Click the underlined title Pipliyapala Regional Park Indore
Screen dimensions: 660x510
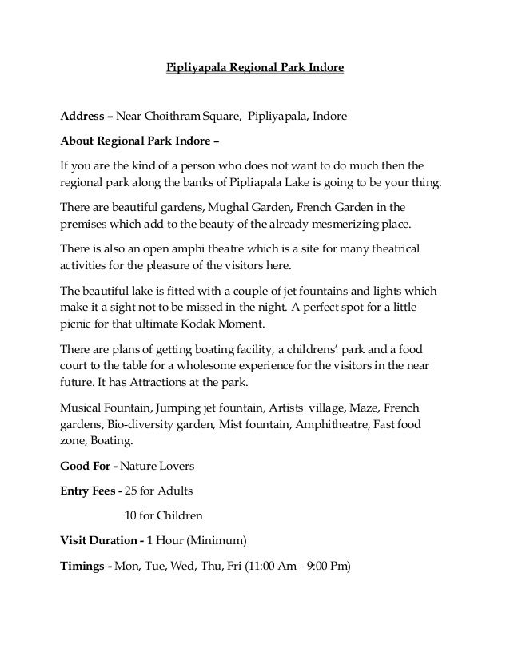(254, 69)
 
